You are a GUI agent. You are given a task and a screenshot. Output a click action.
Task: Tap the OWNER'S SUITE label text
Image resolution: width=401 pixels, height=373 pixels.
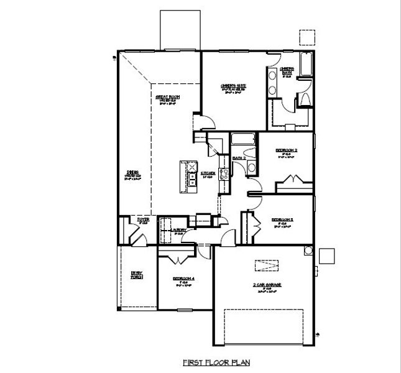click(x=233, y=86)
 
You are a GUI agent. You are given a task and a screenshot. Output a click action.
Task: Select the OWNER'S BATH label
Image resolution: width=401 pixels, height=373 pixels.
click(x=286, y=70)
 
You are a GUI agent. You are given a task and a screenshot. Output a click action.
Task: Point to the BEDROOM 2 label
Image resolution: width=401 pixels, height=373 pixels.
click(x=287, y=150)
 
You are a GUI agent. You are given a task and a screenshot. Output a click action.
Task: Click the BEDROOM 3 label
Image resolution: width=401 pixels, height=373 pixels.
click(x=282, y=219)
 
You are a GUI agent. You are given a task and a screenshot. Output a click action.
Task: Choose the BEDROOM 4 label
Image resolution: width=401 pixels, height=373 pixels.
click(x=184, y=279)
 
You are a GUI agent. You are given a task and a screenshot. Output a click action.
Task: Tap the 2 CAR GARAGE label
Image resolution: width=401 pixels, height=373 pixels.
click(x=267, y=285)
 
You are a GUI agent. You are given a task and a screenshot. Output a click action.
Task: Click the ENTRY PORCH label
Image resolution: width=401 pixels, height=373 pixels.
click(x=136, y=274)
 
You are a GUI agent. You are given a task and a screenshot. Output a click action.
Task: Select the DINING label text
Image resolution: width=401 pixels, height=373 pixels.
click(x=132, y=172)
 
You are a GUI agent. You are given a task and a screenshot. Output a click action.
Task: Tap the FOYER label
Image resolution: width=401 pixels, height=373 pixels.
click(x=144, y=219)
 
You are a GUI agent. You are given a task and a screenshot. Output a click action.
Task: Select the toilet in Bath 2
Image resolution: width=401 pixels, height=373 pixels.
click(x=251, y=168)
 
